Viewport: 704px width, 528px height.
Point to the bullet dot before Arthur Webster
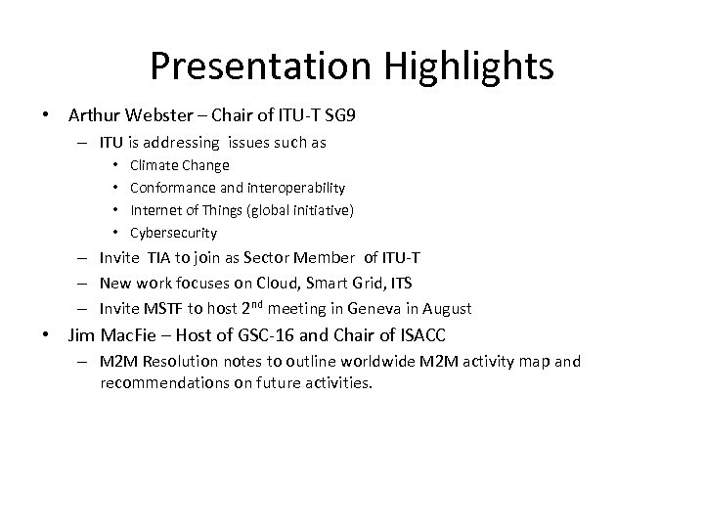pos(46,115)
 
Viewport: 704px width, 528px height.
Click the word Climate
pos(153,165)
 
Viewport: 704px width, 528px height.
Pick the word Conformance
pos(171,188)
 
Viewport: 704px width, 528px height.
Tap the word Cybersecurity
pos(173,233)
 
